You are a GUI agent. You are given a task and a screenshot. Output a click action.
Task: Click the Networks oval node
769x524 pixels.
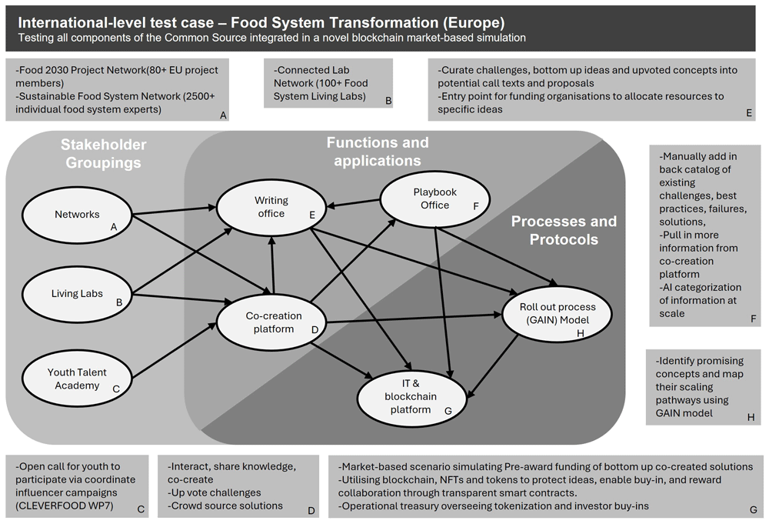point(77,215)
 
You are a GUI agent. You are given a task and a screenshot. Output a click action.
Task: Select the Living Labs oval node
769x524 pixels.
point(77,294)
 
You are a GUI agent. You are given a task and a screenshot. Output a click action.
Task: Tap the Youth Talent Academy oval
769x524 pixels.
point(77,379)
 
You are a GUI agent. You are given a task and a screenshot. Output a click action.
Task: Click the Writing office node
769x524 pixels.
point(271,207)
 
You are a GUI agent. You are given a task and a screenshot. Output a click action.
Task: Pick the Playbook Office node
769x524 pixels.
point(435,199)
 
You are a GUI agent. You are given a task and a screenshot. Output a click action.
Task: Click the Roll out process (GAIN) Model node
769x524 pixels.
point(557,313)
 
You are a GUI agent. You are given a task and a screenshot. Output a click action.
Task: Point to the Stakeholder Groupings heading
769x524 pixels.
point(104,154)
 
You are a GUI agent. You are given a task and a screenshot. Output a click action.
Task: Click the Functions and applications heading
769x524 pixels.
point(378,152)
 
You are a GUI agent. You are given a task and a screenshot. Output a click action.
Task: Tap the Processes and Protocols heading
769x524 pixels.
point(564,230)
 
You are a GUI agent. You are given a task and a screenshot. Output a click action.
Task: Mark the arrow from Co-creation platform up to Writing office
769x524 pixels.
point(272,265)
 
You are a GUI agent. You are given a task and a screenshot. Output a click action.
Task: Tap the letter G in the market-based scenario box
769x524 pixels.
point(754,510)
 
